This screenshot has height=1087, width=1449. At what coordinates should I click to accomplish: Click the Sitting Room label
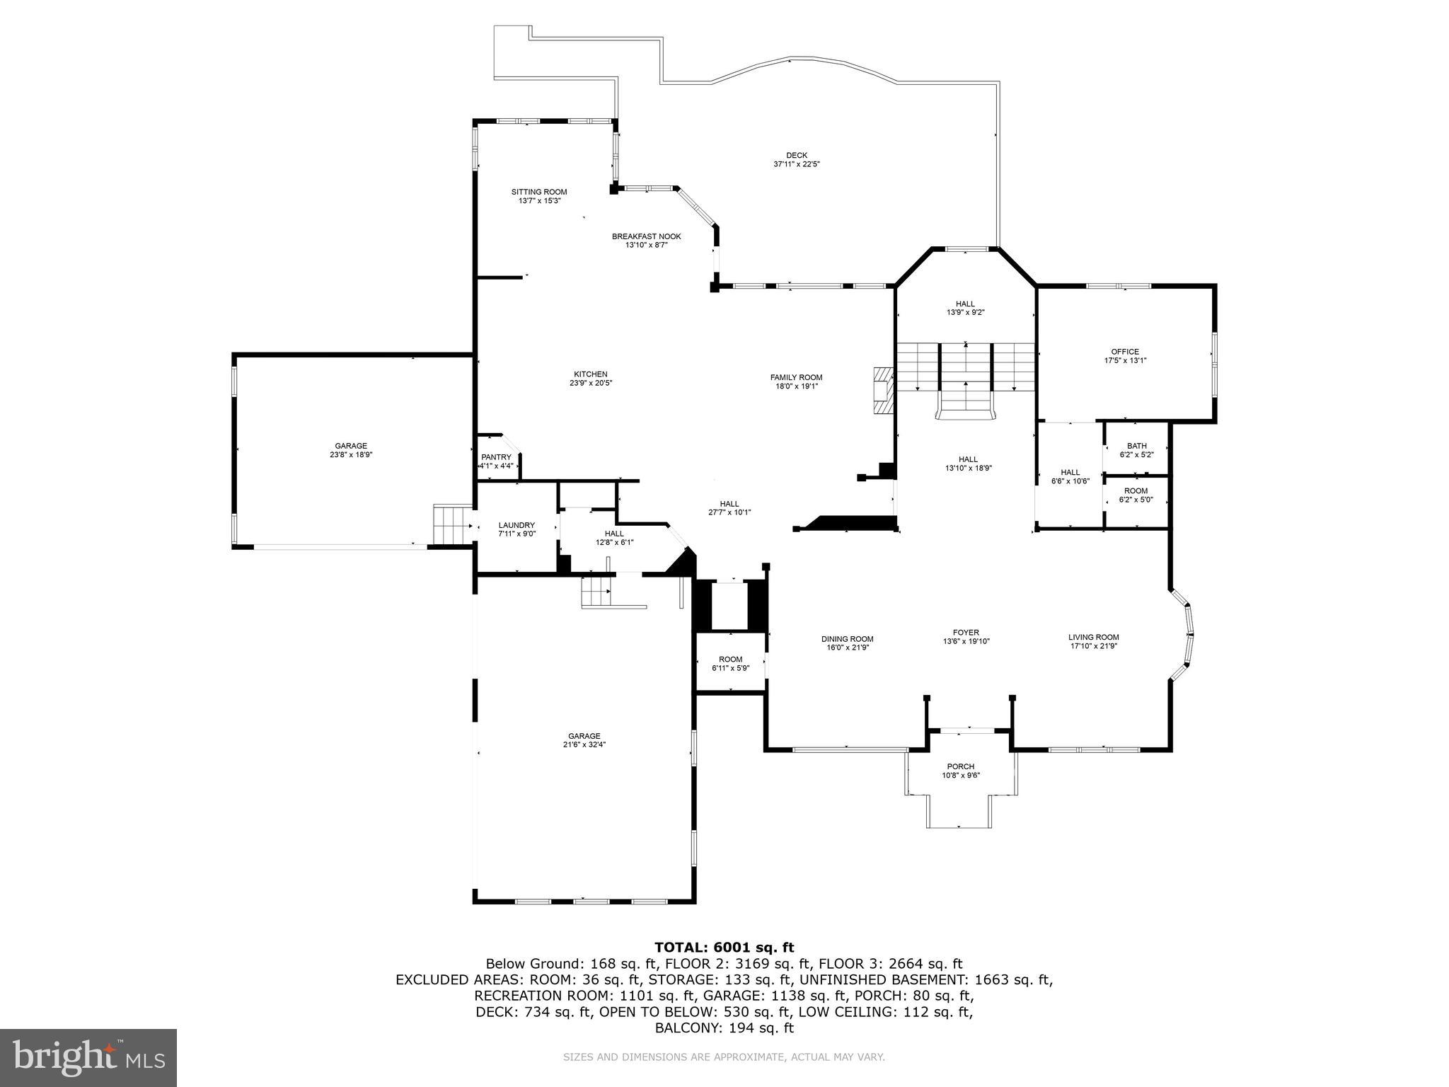pos(539,192)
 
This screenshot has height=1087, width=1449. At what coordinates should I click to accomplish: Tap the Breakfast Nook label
pos(646,236)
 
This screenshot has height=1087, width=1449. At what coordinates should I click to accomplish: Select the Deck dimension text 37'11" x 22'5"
pos(796,164)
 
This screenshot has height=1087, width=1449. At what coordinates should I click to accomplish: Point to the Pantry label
pos(495,457)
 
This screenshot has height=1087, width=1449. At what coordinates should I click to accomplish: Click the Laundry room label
pos(516,525)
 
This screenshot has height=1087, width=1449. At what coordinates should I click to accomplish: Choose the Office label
pos(1125,352)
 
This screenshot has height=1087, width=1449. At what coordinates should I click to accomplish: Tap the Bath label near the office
pos(1136,446)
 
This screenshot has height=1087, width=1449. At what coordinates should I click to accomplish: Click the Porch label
pos(960,766)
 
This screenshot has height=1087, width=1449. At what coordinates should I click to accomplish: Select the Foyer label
pos(966,633)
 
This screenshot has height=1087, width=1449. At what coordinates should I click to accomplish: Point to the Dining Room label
pos(847,639)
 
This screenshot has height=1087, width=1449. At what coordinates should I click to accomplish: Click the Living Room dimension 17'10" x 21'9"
pos(1093,645)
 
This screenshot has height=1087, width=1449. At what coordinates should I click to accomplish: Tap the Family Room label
pos(796,377)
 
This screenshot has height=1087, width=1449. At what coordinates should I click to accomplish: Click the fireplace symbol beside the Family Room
pos(883,390)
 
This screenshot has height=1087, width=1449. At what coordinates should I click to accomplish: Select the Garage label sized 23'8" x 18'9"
pos(351,446)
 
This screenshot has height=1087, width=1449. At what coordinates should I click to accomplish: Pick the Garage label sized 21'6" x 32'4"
pos(584,736)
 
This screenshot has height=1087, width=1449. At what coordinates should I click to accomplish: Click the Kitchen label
pos(590,374)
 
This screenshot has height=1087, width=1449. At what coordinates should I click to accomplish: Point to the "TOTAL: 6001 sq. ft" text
pos(724,947)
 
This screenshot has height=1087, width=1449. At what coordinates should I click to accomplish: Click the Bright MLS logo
pos(88,1058)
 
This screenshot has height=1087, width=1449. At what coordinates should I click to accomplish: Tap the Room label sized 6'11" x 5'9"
pos(730,659)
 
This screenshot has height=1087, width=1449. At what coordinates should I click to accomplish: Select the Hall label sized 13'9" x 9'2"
pos(965,304)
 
